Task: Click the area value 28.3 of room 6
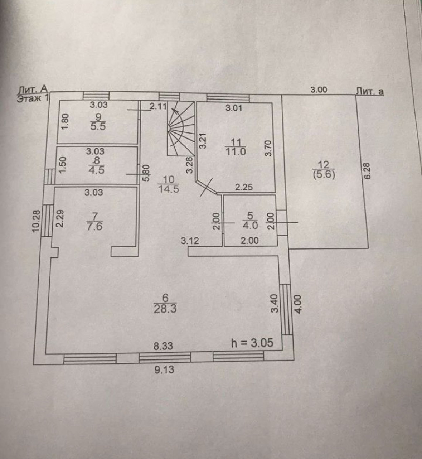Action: click(x=165, y=309)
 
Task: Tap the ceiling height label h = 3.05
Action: click(x=252, y=343)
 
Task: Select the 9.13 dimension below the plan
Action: click(x=164, y=369)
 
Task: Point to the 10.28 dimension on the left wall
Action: click(x=35, y=221)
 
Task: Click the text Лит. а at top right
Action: click(x=369, y=91)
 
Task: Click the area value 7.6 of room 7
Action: click(x=94, y=226)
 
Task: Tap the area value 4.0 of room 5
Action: click(x=250, y=226)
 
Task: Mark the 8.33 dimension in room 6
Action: click(x=163, y=346)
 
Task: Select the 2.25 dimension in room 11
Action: click(x=244, y=187)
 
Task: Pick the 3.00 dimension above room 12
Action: click(x=318, y=90)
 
